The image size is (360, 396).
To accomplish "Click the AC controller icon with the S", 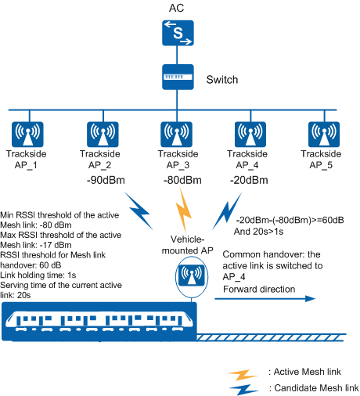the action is coord(178,33).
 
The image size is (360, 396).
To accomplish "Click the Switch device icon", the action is coord(178,77).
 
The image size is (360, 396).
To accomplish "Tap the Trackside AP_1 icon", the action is coord(27,134).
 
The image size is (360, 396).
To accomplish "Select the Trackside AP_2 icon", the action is coord(103,134).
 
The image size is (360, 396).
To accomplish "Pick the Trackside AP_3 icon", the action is coord(177,134).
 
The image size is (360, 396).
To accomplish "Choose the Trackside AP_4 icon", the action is coord(250,134).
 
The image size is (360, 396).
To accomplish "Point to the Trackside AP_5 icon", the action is coord(324,134).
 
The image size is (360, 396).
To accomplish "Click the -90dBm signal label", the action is coord(106,180).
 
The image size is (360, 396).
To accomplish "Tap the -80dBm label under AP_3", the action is coord(182,180).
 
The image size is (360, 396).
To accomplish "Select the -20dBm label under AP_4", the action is coord(249,180).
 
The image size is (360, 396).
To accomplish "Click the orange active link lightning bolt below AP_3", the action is coord(184,211).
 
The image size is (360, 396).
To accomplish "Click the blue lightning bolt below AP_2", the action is coord(139,212).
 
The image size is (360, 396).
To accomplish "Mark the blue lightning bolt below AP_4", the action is coord(226,211).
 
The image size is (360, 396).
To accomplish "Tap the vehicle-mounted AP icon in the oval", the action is coord(192,275).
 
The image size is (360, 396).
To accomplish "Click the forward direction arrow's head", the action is coord(311,298).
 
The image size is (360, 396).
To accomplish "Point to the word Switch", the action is coord(222,80).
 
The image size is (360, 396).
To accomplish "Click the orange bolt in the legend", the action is coord(243,375).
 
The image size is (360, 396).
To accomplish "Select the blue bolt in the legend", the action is coord(244,390).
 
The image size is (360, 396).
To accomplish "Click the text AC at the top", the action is coord(176,8).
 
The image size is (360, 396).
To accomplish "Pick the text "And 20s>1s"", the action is coord(258,232).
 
